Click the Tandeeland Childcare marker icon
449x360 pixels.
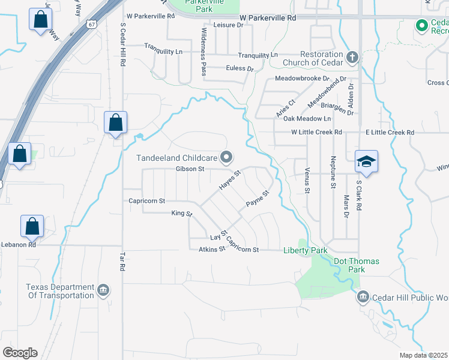[226, 158]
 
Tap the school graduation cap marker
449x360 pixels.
[366, 161]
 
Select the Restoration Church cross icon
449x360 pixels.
[352, 58]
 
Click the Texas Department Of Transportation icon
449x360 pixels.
[103, 291]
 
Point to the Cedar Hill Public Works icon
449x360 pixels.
[363, 296]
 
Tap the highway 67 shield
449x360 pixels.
[90, 24]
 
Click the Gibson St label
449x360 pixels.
[190, 169]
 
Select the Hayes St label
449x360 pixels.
[229, 180]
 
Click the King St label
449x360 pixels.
[181, 213]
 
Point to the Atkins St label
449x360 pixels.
[211, 249]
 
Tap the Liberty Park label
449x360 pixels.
[305, 250]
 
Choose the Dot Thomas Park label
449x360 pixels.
[341, 265]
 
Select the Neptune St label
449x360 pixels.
[333, 173]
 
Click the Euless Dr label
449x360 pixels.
[240, 68]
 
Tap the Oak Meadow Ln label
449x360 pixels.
[307, 119]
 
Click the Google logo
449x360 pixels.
[20, 353]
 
